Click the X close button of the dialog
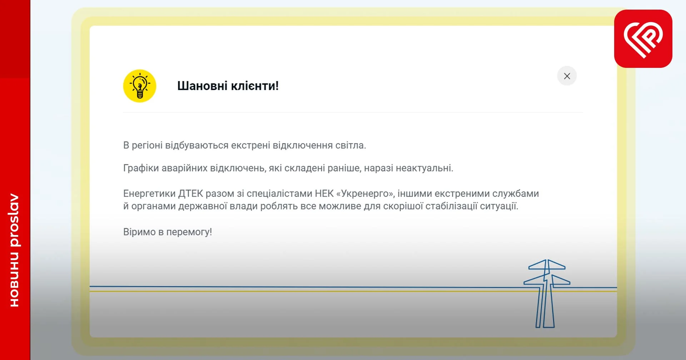click(567, 76)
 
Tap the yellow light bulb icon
click(140, 86)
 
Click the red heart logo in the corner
click(643, 39)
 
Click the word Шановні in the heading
click(202, 86)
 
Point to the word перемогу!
click(189, 232)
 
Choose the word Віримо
click(139, 232)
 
